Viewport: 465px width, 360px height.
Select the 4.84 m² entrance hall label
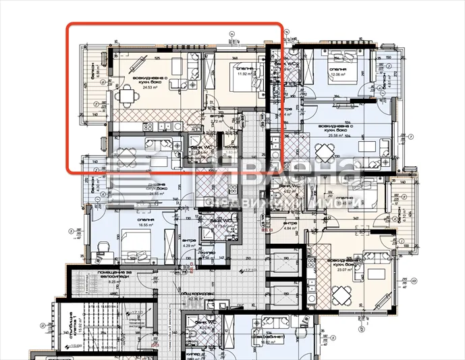click(x=290, y=228)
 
